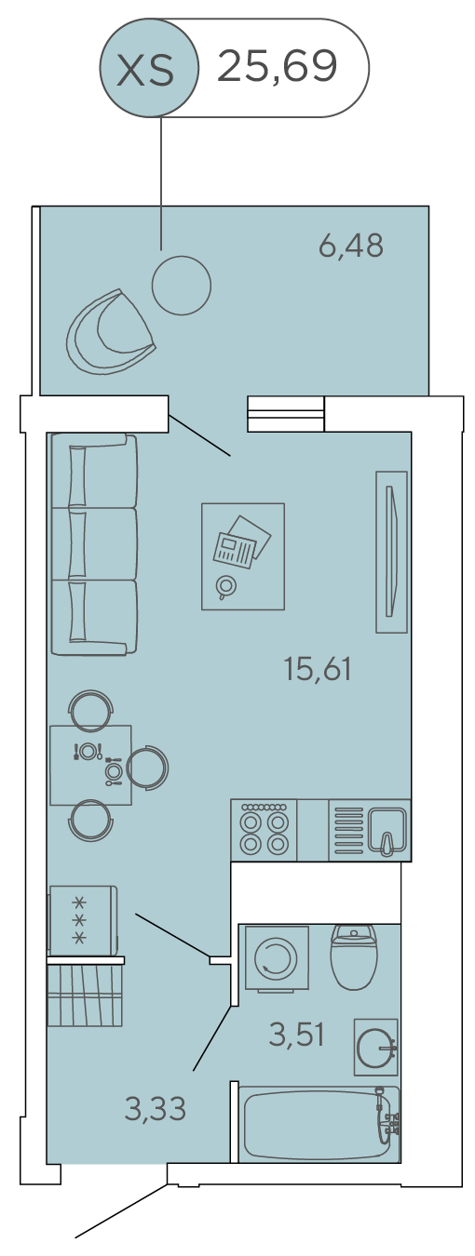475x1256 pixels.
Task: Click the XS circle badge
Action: (x=149, y=68)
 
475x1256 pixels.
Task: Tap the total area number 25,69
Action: (x=277, y=67)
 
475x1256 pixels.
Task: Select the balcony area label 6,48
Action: (x=351, y=246)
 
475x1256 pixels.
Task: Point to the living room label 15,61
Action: (x=318, y=669)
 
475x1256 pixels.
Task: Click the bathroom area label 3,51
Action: (x=297, y=1036)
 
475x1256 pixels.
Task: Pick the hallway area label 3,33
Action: (x=155, y=1109)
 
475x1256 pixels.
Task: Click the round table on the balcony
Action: (x=182, y=286)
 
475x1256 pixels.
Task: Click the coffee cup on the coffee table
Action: (x=226, y=586)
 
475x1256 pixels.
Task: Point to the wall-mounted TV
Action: (x=391, y=552)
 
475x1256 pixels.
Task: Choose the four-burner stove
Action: (x=264, y=831)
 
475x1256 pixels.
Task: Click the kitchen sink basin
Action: (x=387, y=831)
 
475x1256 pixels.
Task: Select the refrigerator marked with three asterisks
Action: (x=83, y=921)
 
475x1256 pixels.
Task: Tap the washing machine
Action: (x=277, y=959)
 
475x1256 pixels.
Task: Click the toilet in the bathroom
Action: (x=354, y=956)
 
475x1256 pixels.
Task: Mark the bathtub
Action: (x=319, y=1124)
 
